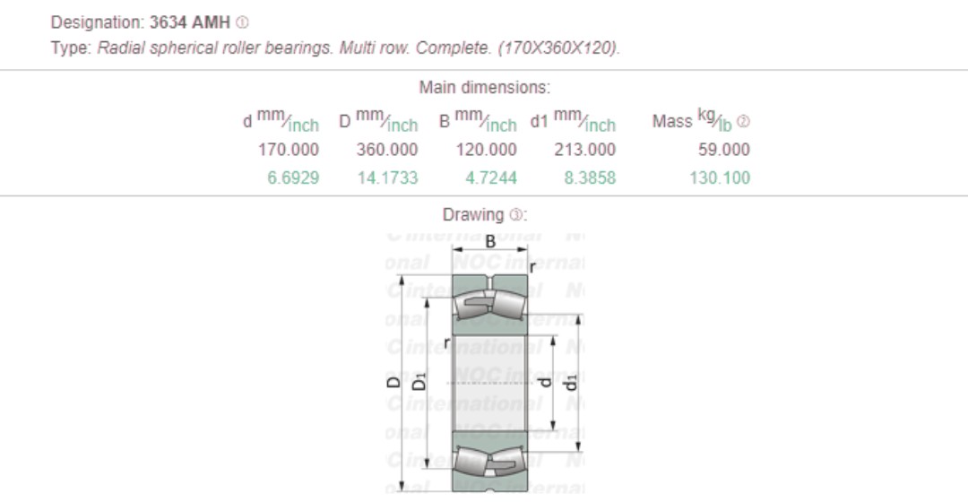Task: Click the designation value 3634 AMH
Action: (x=189, y=22)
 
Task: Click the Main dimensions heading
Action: (x=484, y=88)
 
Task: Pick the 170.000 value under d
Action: (x=289, y=150)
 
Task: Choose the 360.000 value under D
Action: (x=387, y=150)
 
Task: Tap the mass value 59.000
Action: (x=724, y=150)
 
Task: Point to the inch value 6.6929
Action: (x=293, y=177)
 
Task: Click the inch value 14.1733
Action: (x=387, y=177)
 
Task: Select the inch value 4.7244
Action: (x=490, y=177)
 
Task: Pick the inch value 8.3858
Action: (x=589, y=177)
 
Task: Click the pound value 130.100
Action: (x=720, y=177)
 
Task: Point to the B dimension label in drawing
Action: (x=490, y=241)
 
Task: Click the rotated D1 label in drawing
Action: (x=419, y=384)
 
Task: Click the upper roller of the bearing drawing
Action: (x=489, y=303)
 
